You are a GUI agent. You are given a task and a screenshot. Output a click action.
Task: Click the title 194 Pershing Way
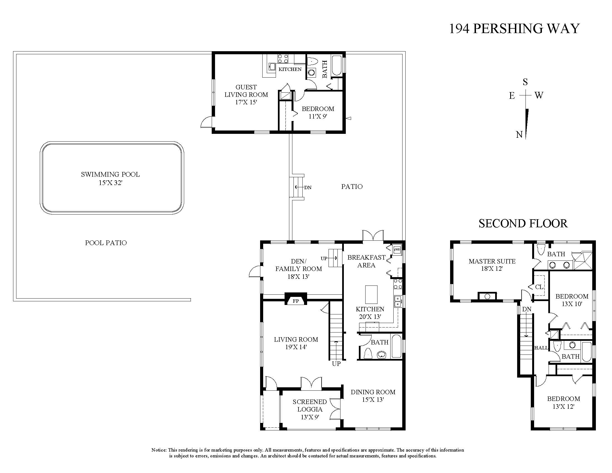514,29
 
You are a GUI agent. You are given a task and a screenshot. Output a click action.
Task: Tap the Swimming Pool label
110,179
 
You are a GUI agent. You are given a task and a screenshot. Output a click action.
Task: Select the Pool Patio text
106,243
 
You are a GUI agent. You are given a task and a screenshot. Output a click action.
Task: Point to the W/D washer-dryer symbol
397,249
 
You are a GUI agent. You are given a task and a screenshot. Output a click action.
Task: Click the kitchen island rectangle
371,294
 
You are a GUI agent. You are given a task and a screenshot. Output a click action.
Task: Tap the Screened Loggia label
310,409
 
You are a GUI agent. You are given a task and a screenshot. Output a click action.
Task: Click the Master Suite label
492,265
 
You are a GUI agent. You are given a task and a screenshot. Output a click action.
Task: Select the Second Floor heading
523,224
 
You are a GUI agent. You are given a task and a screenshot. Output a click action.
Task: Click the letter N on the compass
519,135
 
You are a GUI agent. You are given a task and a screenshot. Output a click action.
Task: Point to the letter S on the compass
525,82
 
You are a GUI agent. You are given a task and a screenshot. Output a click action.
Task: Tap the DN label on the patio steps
308,188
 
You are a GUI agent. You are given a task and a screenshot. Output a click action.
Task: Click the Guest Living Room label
246,95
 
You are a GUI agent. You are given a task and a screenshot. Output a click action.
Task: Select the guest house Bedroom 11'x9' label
318,112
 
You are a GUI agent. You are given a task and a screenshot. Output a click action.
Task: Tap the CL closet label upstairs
539,287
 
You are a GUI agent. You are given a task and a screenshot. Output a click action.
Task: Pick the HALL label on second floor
541,348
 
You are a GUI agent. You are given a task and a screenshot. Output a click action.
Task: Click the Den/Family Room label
298,269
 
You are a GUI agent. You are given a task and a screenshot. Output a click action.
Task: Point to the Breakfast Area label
366,261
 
